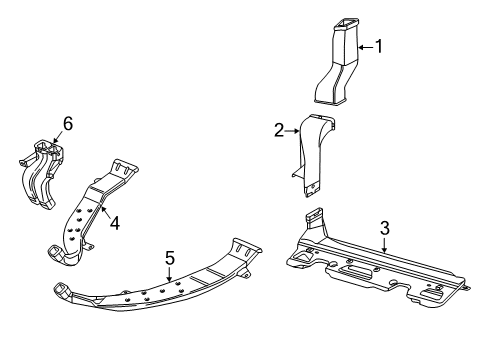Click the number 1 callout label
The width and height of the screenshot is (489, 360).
pyautogui.click(x=379, y=45)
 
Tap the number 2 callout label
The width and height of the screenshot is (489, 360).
pyautogui.click(x=281, y=129)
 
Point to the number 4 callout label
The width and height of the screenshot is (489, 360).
pyautogui.click(x=115, y=224)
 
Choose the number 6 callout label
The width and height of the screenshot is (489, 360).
pyautogui.click(x=68, y=123)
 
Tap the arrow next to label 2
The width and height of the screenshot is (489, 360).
pyautogui.click(x=294, y=129)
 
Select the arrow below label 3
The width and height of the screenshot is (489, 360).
pyautogui.click(x=383, y=243)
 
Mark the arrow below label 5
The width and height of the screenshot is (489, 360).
pyautogui.click(x=170, y=275)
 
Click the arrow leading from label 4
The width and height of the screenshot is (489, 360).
pyautogui.click(x=104, y=212)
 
